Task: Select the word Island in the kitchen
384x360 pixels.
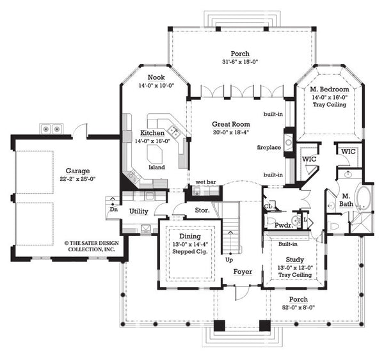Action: [x=157, y=168]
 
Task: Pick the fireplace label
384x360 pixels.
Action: [x=269, y=147]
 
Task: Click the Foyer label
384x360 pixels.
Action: [x=242, y=272]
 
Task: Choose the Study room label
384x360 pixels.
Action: [x=294, y=260]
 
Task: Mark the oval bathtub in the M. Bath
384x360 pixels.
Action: [x=364, y=199]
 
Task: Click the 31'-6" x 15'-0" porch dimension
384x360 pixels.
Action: [x=241, y=62]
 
